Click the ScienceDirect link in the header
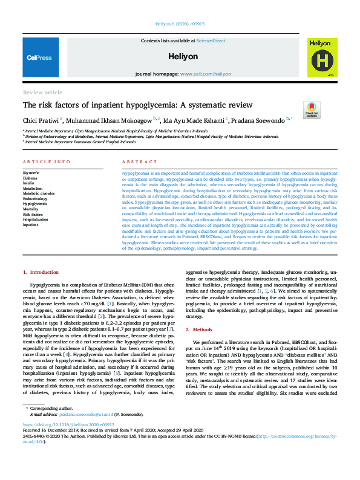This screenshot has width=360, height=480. click(206, 40)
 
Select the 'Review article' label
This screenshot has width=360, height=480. click(42, 92)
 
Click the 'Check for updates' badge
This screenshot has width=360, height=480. click(312, 109)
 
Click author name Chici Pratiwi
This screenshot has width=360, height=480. click(41, 119)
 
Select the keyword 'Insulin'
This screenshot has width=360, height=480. click(28, 183)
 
